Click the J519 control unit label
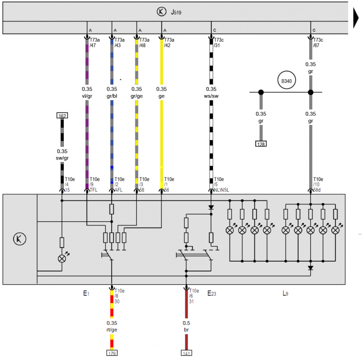point(176,12)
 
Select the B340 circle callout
point(287,80)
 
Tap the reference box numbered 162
point(62,116)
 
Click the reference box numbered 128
point(261,144)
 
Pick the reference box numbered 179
point(112,353)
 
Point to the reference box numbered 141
point(186,353)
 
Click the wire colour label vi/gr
point(87,96)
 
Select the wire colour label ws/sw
point(211,96)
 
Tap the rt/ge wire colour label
point(112,330)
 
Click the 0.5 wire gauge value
point(186,323)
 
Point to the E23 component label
point(212,293)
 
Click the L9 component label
point(286,293)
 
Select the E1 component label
point(86,293)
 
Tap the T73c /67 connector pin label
point(318,42)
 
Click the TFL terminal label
point(94,190)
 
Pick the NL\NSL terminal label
point(221,190)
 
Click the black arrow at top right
point(356,18)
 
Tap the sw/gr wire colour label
point(62,158)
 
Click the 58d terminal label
point(317,190)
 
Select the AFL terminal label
point(119,190)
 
